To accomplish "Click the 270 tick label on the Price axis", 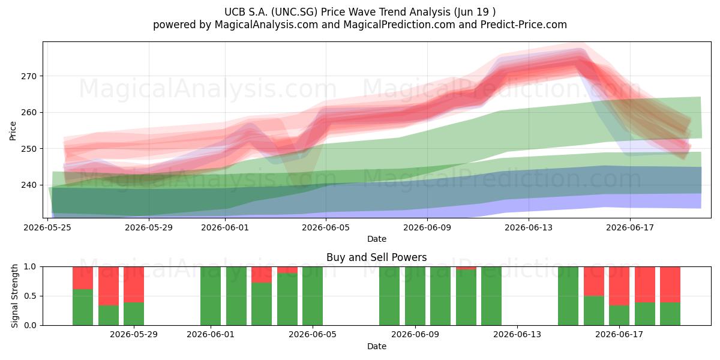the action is coord(29,77).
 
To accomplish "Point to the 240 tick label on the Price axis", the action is coord(29,185).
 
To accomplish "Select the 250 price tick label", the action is coord(29,149).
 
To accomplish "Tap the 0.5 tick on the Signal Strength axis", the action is coord(30,296).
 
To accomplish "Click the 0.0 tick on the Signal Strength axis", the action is coord(30,325).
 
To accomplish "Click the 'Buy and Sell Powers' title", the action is coord(377,257).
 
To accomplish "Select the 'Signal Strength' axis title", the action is coord(14,296).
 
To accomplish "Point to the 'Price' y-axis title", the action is coord(13,131).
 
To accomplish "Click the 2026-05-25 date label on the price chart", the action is coord(47,227).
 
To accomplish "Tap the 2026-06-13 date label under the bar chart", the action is coord(517,335).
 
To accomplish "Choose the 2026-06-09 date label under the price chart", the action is coord(427,227).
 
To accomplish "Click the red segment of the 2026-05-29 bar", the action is coord(134,285).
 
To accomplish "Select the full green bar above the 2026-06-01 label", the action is coord(211,296).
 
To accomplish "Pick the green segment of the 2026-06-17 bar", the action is coord(619,316).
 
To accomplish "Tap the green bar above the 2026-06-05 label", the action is coord(313,296).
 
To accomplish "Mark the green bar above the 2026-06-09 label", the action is coord(415,296).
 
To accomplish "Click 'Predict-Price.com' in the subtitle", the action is coord(524,25).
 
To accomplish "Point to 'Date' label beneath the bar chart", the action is coord(377,347).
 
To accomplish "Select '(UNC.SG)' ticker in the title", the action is coord(294,12).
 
